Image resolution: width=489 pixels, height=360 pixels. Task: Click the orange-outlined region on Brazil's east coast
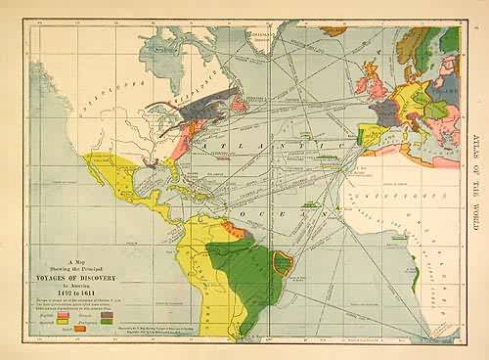285,261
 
